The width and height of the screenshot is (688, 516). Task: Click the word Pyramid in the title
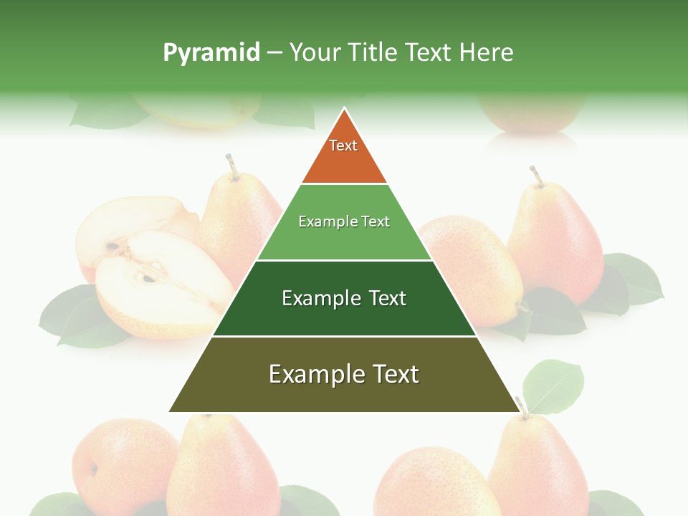[x=211, y=53]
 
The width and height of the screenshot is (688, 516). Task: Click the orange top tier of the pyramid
[x=344, y=161]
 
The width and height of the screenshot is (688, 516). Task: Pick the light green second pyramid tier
[x=344, y=240]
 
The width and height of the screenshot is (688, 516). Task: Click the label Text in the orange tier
[x=343, y=145]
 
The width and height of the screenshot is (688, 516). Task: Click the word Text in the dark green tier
[x=388, y=298]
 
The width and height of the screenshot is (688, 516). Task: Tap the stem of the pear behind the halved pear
[x=231, y=166]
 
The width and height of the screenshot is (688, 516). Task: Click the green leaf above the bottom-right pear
[x=553, y=386]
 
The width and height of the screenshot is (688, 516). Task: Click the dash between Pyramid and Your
[x=274, y=53]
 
